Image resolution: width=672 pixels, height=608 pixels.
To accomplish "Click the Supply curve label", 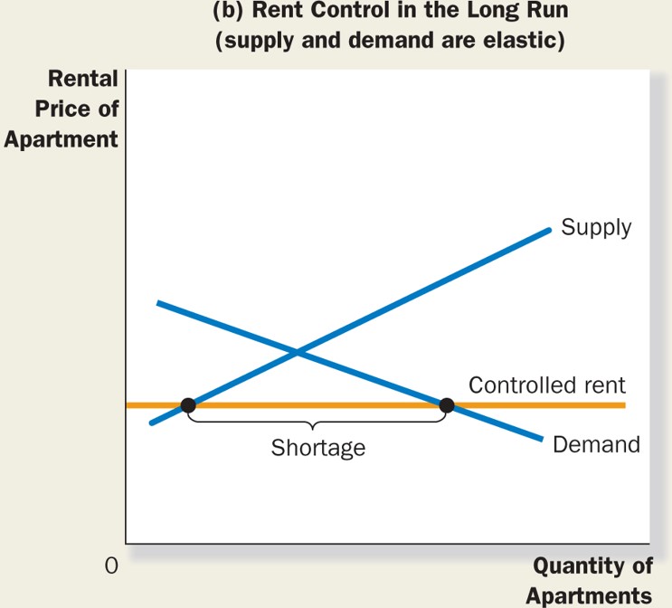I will coord(596,226).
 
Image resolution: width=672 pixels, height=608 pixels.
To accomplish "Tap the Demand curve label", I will coord(596,444).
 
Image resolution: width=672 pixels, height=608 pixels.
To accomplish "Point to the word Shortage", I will coord(317,447).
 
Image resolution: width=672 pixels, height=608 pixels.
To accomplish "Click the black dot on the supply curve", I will coord(188,404).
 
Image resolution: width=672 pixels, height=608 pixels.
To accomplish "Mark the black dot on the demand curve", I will coord(446,404).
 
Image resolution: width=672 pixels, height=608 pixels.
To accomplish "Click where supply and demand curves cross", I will coord(298,351).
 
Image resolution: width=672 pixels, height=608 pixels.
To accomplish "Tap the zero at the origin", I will coord(111,566).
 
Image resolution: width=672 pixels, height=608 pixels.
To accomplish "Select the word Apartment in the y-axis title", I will coord(61,140).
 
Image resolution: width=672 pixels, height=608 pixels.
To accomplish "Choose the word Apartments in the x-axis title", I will coord(589,595).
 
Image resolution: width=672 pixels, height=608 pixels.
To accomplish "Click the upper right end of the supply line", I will coord(548,230).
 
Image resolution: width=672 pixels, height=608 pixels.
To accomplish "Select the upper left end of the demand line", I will coord(159,302).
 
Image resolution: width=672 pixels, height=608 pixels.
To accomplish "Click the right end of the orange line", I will coord(623,404).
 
